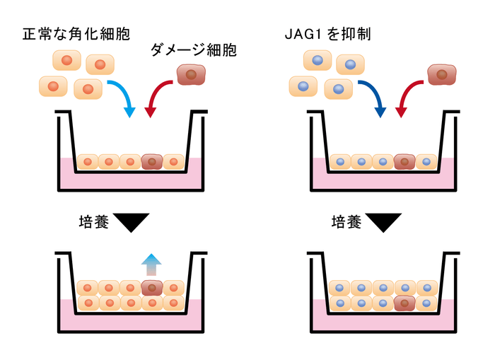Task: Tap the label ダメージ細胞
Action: coord(193,50)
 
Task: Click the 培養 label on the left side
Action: coord(93,223)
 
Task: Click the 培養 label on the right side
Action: coord(346,223)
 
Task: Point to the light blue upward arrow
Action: coord(151,265)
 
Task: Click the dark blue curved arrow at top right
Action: coord(373,95)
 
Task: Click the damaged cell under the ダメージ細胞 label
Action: coord(191,75)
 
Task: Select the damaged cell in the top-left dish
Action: coord(152,162)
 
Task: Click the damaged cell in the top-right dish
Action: coord(404,162)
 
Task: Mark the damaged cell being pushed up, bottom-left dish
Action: coord(152,288)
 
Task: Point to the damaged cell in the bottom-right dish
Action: coord(404,303)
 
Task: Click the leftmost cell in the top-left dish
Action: coord(88,162)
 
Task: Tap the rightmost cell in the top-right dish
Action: coord(426,162)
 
